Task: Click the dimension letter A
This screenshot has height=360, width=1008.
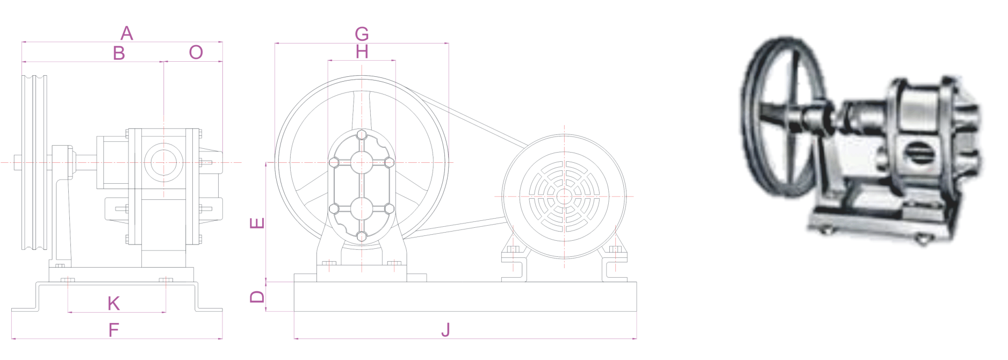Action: pyautogui.click(x=126, y=34)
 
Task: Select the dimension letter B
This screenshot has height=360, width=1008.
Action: pyautogui.click(x=119, y=53)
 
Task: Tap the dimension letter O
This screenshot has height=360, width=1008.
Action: pyautogui.click(x=196, y=52)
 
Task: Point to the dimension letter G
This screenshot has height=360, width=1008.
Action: pyautogui.click(x=362, y=34)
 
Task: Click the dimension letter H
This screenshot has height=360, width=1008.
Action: pyautogui.click(x=362, y=52)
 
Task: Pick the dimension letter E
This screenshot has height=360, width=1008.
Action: pyautogui.click(x=258, y=224)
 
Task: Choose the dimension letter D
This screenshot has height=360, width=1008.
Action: pyautogui.click(x=258, y=296)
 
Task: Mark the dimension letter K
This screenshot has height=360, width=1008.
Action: pyautogui.click(x=113, y=304)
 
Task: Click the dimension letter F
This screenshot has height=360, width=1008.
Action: pyautogui.click(x=113, y=329)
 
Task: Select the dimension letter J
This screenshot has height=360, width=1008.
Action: pyautogui.click(x=445, y=329)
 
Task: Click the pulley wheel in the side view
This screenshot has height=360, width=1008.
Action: pyautogui.click(x=34, y=162)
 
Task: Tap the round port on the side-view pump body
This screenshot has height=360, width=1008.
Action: pyautogui.click(x=163, y=163)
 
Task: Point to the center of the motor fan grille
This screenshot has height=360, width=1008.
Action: pyautogui.click(x=564, y=195)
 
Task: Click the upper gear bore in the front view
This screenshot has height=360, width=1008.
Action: pyautogui.click(x=362, y=162)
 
